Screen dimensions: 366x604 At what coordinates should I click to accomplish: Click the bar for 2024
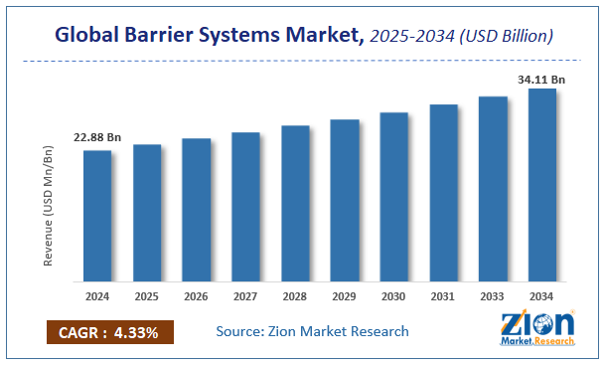point(97,215)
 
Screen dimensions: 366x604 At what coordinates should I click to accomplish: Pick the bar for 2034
point(542,184)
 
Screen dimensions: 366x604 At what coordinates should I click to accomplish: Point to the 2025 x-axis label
point(147,297)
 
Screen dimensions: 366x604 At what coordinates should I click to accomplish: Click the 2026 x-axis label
point(197,297)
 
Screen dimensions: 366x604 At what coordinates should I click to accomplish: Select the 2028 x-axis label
point(295,297)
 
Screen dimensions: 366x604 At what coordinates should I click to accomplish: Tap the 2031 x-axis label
point(444,297)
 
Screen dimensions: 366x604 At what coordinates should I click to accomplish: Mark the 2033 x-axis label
point(494,297)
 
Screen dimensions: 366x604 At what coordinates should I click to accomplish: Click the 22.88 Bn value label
point(96,137)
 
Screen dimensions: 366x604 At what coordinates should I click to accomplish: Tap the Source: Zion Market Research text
point(312,331)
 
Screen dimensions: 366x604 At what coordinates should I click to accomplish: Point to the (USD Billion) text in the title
point(506,36)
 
